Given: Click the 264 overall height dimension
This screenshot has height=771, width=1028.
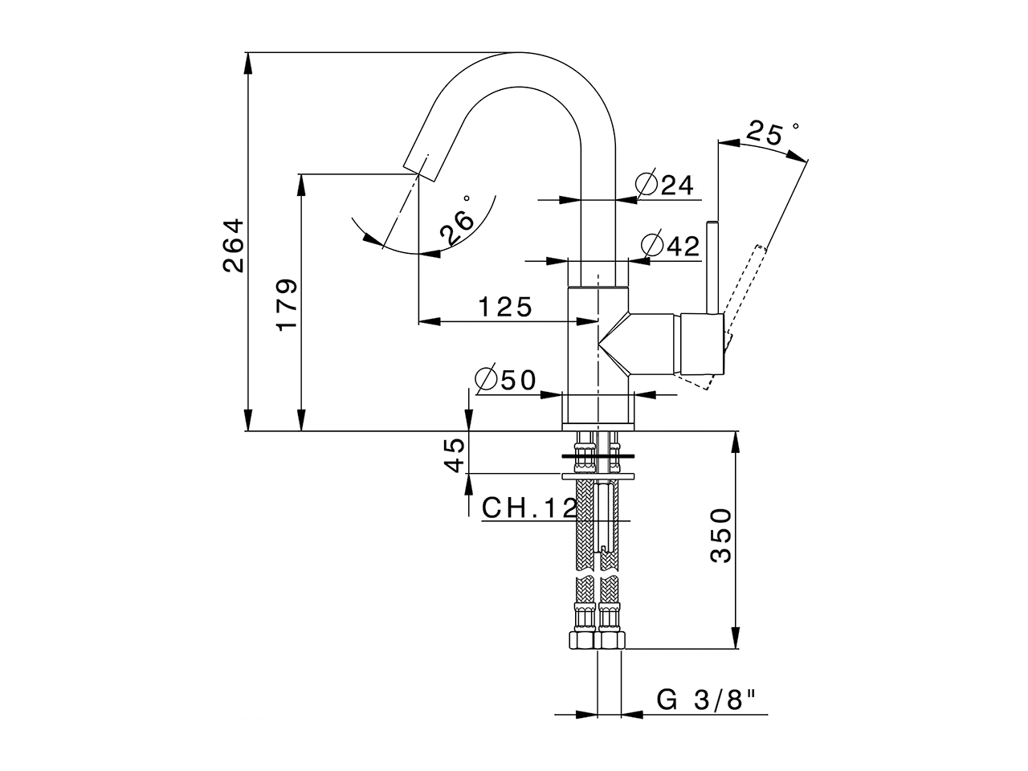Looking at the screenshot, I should [x=234, y=245].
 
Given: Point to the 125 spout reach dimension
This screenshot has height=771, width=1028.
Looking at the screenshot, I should [x=505, y=307].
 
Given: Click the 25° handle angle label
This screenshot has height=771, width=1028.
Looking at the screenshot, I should [x=766, y=133].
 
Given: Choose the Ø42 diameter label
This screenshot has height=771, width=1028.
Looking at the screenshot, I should [x=671, y=245].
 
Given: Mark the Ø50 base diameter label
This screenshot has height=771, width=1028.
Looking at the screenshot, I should [x=506, y=379].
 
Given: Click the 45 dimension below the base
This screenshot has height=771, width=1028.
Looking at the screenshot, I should [x=455, y=455].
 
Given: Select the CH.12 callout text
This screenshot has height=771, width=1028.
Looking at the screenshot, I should [x=529, y=508].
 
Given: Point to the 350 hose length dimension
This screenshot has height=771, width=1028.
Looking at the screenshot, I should [x=722, y=536].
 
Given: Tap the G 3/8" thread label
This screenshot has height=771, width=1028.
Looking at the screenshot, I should [x=708, y=700].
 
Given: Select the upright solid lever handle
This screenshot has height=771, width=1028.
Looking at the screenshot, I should [x=711, y=265].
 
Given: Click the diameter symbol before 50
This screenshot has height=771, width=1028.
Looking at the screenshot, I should [x=486, y=379].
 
